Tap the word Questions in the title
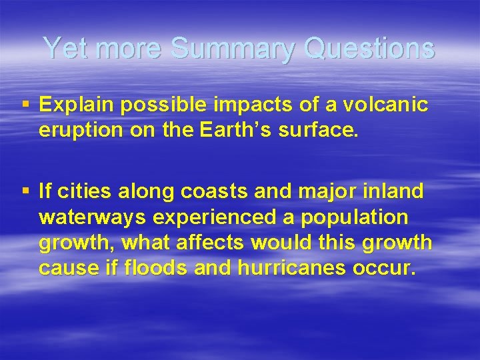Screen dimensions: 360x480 [x=369, y=48]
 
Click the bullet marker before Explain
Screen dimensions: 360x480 [x=25, y=105]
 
